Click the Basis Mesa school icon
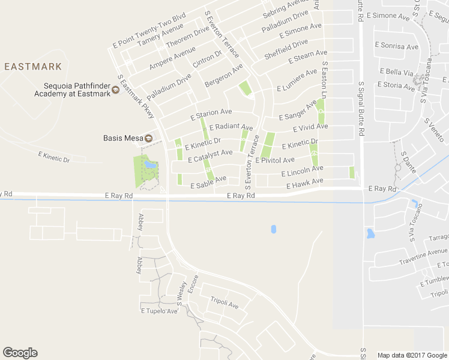click(x=148, y=138)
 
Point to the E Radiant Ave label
click(x=231, y=127)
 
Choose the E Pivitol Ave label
click(x=275, y=160)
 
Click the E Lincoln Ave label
click(x=303, y=171)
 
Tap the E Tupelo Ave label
click(x=159, y=311)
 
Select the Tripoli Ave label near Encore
click(x=224, y=303)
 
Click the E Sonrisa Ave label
click(x=396, y=46)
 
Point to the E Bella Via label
click(x=397, y=73)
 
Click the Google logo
click(x=20, y=353)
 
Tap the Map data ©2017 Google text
click(x=412, y=355)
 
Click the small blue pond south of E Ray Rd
click(x=273, y=229)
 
